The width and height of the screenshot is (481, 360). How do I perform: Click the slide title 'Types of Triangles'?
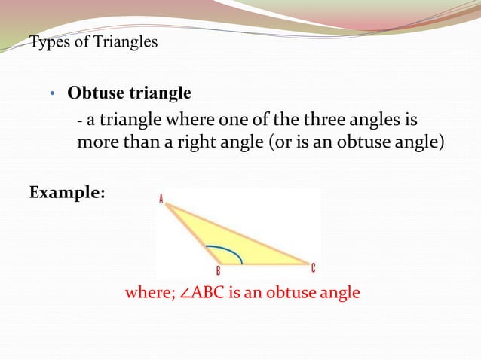[93, 42]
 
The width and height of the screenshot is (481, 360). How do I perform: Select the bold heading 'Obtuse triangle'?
[129, 94]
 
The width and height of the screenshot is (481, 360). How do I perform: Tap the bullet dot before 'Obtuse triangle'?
[52, 95]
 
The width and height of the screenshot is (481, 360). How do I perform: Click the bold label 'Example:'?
[67, 193]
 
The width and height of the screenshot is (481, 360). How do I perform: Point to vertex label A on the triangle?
[161, 199]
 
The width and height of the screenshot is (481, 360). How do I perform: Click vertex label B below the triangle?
[218, 272]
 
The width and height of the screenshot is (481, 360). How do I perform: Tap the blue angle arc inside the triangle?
[228, 251]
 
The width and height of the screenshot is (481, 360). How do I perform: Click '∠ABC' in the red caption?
[198, 293]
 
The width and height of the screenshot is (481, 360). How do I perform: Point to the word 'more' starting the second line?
[94, 141]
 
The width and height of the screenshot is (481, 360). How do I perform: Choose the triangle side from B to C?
[264, 264]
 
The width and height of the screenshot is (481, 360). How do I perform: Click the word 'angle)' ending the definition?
[415, 141]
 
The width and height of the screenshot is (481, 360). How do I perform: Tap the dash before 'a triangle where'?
[81, 121]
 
